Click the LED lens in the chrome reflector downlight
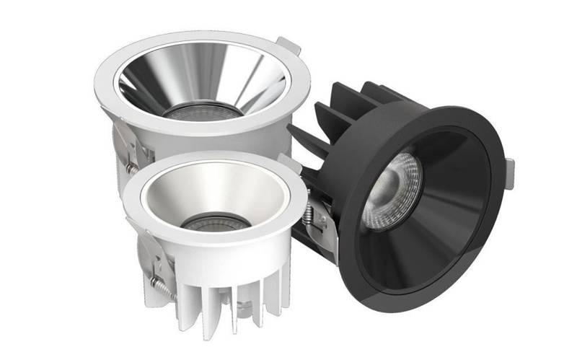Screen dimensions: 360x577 pyautogui.click(x=201, y=113)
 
